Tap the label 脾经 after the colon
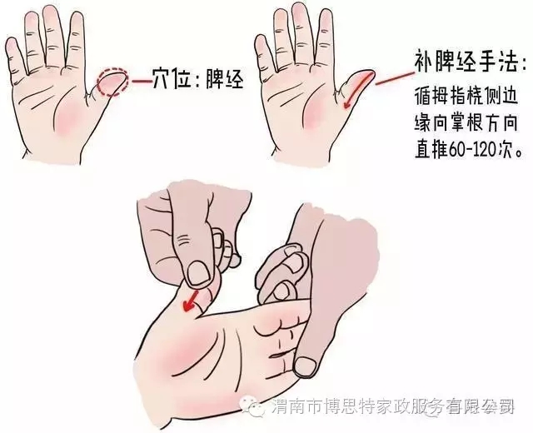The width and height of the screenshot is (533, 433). pos(225,81)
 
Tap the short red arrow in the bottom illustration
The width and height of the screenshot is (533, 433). pos(191,300)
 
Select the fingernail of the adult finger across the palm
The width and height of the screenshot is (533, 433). pos(306,366)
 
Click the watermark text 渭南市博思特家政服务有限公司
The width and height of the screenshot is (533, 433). pos(393,405)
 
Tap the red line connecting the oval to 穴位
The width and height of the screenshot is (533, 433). pos(141,82)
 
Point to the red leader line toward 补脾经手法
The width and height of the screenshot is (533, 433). pos(394,77)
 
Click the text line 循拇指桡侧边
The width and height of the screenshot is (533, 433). pos(466,97)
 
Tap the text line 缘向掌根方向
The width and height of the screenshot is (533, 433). pos(466,122)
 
